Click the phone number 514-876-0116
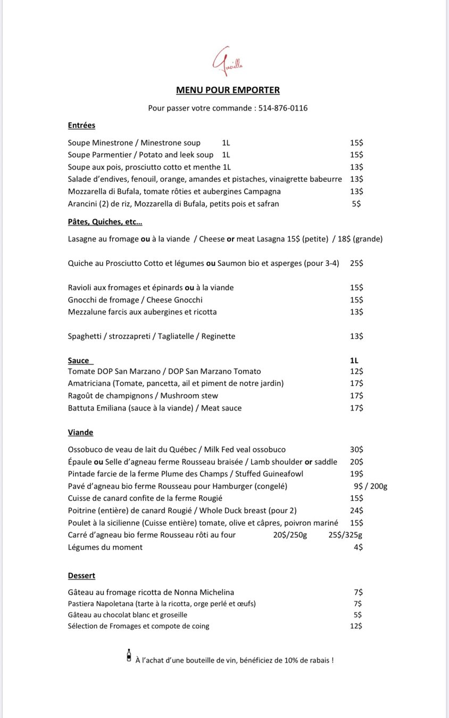click(282, 108)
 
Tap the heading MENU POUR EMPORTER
click(228, 90)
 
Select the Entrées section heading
click(81, 126)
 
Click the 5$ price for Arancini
click(356, 204)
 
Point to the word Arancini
click(82, 204)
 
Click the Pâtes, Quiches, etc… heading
click(105, 222)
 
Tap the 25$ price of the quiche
click(356, 263)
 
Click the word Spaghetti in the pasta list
click(85, 336)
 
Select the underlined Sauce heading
click(79, 361)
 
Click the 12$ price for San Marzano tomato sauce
click(356, 371)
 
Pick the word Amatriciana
click(89, 383)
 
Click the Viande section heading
click(80, 432)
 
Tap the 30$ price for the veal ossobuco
click(356, 449)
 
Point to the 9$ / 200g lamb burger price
click(370, 486)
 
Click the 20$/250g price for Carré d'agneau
click(290, 535)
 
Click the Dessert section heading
click(81, 575)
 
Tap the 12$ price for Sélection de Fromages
click(356, 626)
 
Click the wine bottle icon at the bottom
click(129, 655)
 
